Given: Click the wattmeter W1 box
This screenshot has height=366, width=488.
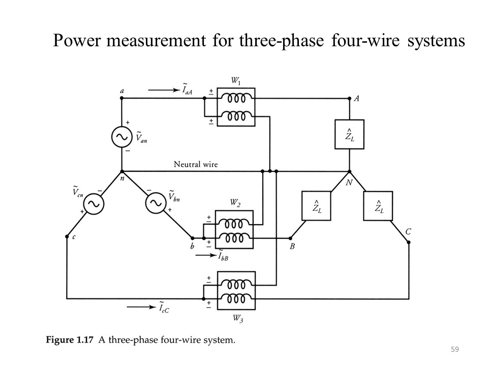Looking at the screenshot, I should (x=235, y=107).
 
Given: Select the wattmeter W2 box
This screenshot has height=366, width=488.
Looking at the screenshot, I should (x=233, y=230).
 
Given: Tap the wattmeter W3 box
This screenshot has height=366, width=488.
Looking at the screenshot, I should (x=236, y=291).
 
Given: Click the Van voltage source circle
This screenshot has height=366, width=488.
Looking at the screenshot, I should (x=121, y=137).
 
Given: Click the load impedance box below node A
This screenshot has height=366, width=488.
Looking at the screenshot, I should (x=349, y=134).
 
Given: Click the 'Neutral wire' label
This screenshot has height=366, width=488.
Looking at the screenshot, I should (x=196, y=164).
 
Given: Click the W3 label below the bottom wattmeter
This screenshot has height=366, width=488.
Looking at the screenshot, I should (x=236, y=319).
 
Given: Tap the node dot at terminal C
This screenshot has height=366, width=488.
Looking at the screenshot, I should (x=409, y=242).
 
